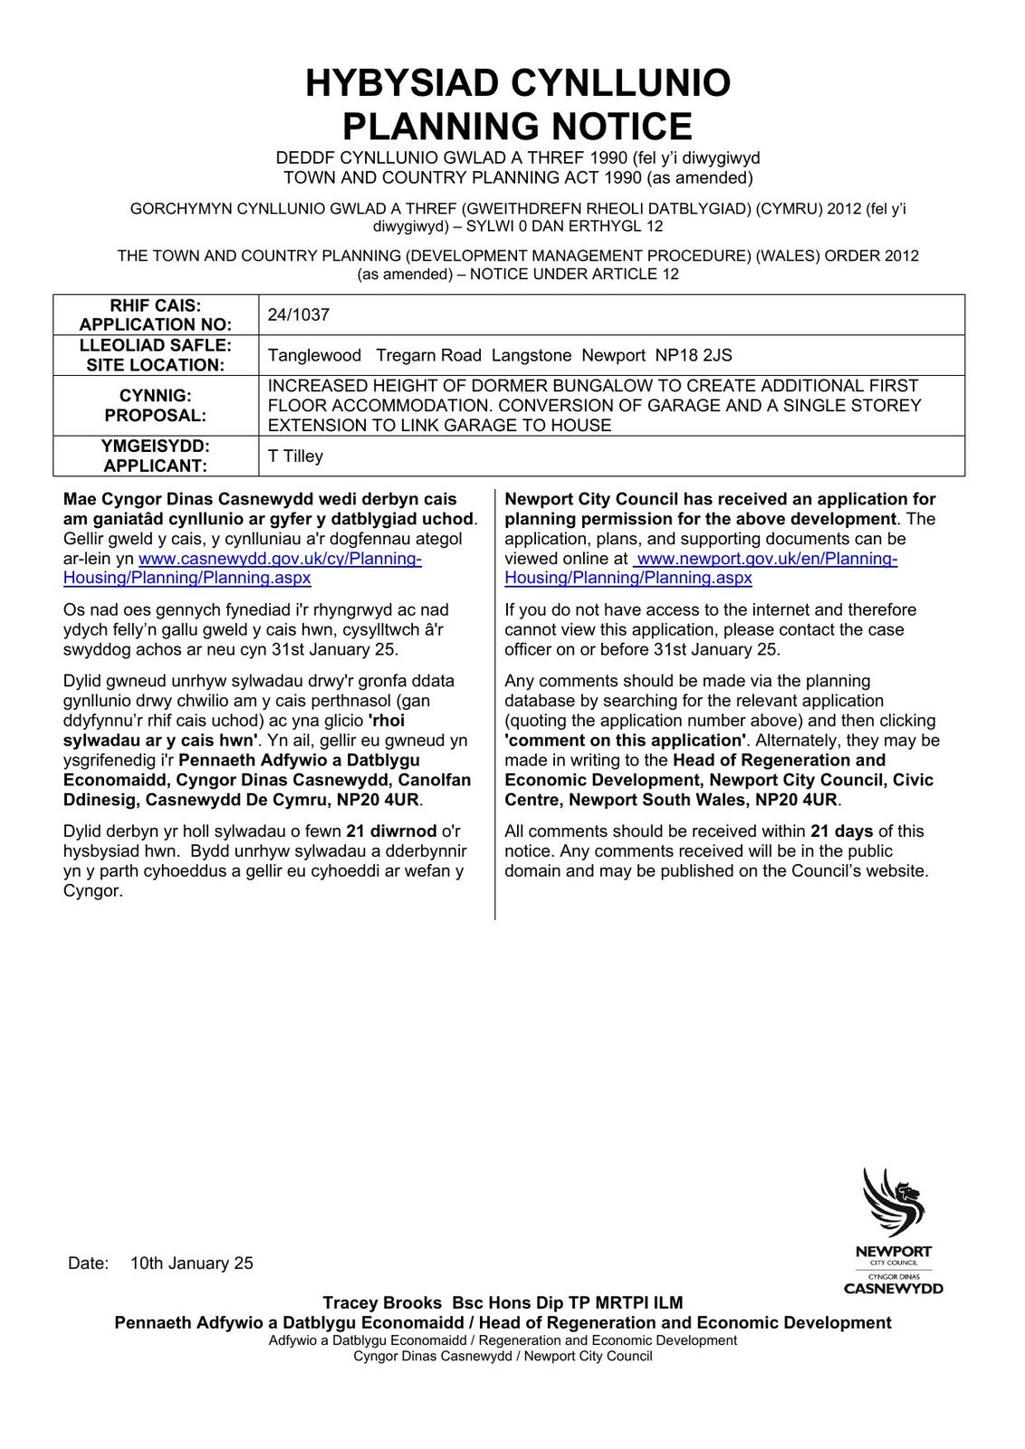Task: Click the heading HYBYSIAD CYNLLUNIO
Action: [517, 83]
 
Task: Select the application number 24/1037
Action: [299, 315]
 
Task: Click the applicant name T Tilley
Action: [295, 456]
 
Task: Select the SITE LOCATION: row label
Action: [156, 365]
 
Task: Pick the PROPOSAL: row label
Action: [156, 416]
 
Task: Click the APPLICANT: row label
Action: [156, 466]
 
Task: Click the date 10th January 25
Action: [192, 1263]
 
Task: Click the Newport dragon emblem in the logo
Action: [893, 1203]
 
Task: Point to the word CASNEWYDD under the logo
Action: [893, 1289]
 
